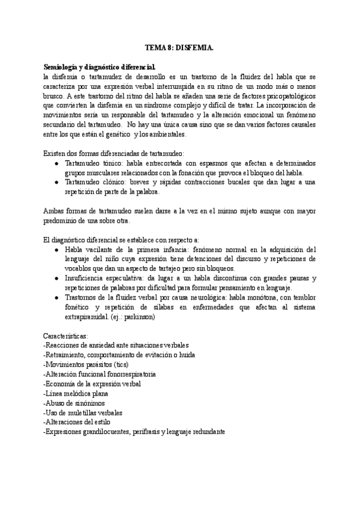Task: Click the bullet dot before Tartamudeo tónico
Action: pos(56,163)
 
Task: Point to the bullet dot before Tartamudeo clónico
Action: pos(56,182)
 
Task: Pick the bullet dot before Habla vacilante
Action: pos(56,249)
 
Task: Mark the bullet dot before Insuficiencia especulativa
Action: pos(56,279)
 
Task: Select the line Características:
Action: pos(66,336)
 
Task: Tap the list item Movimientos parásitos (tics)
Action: pos(86,365)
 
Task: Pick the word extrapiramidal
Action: pos(69,317)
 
